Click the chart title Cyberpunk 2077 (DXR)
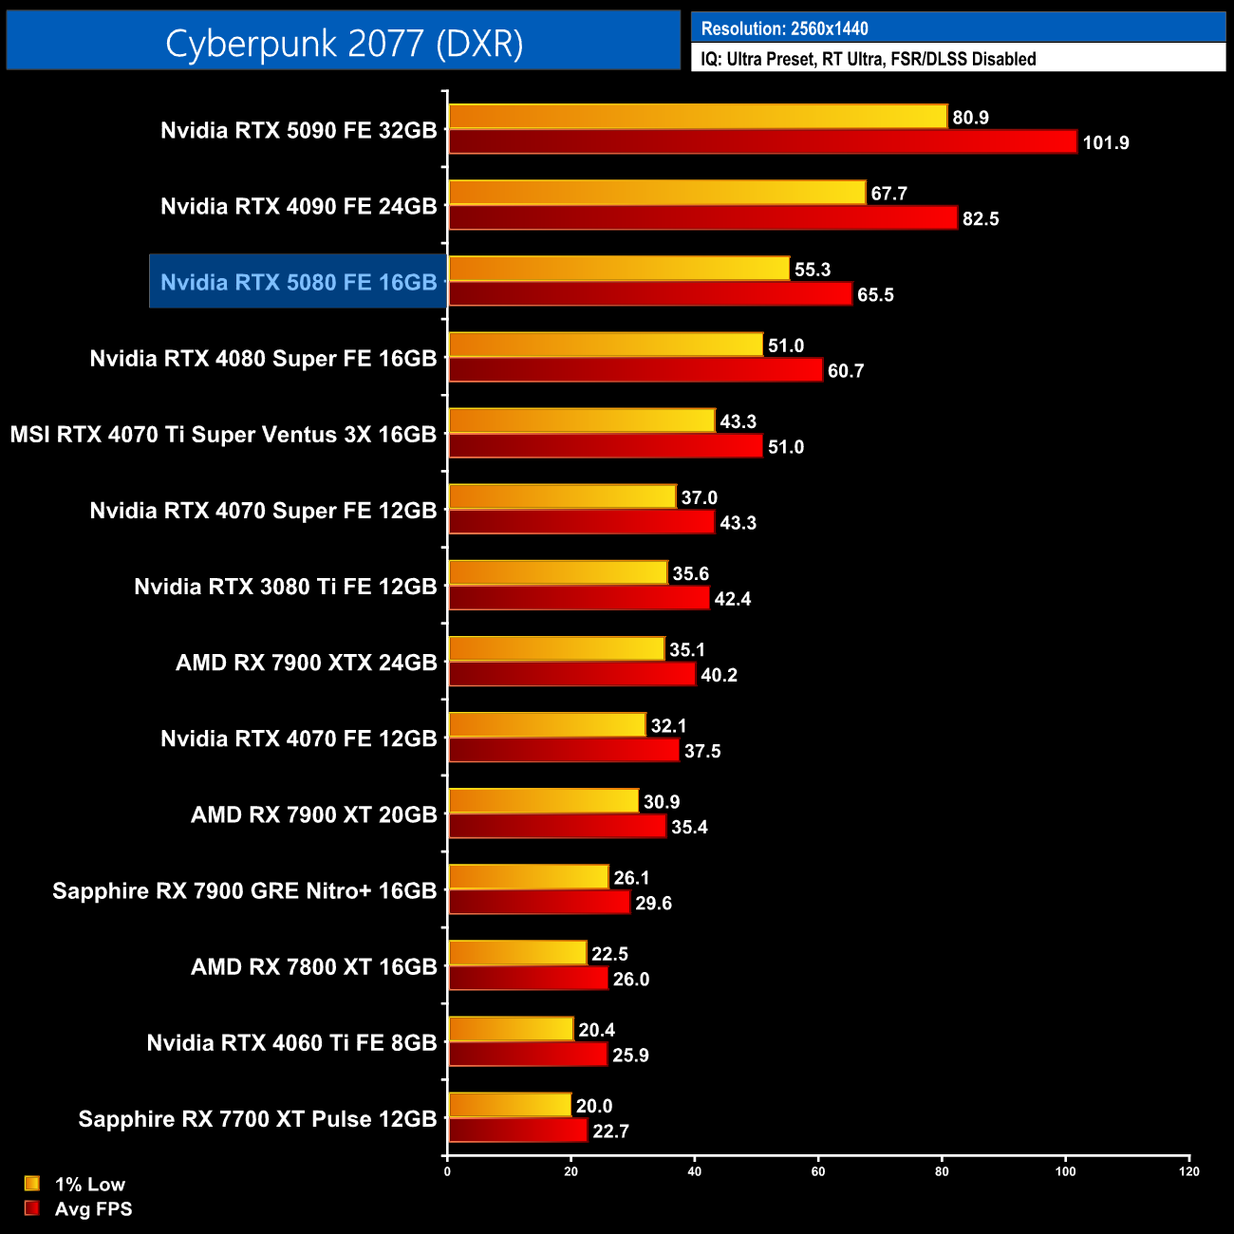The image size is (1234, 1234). pyautogui.click(x=344, y=43)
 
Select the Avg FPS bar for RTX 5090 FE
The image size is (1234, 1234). pyautogui.click(x=762, y=142)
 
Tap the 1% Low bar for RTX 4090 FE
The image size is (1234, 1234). pyautogui.click(x=657, y=193)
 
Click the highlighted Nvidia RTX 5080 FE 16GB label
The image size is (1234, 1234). pyautogui.click(x=298, y=282)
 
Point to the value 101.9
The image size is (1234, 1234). pyautogui.click(x=1106, y=143)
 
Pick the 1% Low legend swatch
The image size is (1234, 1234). pyautogui.click(x=32, y=1184)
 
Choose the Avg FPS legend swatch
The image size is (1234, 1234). pyautogui.click(x=32, y=1208)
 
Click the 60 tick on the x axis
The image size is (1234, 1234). pyautogui.click(x=818, y=1171)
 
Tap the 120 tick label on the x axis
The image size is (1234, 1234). pyautogui.click(x=1189, y=1171)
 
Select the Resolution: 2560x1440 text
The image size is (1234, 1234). pyautogui.click(x=784, y=28)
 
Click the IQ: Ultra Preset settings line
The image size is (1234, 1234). pyautogui.click(x=868, y=59)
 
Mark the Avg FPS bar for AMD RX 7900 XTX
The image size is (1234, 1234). pyautogui.click(x=571, y=675)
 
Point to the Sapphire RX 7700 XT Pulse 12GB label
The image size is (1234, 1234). pyautogui.click(x=257, y=1119)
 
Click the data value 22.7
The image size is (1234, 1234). pyautogui.click(x=610, y=1131)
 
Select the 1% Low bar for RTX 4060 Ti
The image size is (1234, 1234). pyautogui.click(x=511, y=1029)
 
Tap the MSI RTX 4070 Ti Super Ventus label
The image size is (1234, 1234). pyautogui.click(x=223, y=435)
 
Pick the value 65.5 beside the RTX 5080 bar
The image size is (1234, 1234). pyautogui.click(x=875, y=295)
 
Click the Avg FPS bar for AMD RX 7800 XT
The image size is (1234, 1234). pyautogui.click(x=528, y=979)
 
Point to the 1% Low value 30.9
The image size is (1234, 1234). pyautogui.click(x=662, y=802)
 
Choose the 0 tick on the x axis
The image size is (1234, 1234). pyautogui.click(x=447, y=1171)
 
